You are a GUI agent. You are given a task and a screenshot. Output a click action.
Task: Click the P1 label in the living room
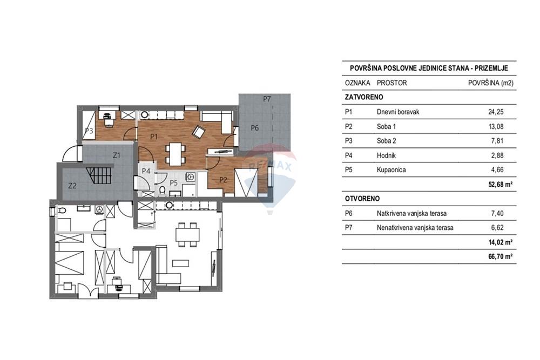pos(154,137)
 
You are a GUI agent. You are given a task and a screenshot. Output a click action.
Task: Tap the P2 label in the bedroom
pos(223,180)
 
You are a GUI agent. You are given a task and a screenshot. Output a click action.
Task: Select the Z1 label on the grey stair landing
pos(117,155)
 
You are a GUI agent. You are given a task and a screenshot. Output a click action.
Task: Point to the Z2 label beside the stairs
pos(72,186)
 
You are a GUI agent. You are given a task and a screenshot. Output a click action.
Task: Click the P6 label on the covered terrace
pos(254,128)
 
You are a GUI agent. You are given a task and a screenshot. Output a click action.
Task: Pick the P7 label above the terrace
pos(267,99)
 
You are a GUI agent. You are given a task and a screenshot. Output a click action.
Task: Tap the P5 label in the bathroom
pos(173,183)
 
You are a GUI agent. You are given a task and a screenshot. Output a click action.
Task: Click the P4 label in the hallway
pos(146,171)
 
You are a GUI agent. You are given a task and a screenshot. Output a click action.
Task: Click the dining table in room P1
pos(175,154)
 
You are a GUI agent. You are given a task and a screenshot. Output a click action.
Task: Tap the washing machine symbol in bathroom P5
pos(191,177)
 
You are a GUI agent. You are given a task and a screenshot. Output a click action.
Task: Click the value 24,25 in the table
pos(496,112)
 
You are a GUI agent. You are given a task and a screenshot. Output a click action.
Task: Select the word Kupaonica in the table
pos(391,169)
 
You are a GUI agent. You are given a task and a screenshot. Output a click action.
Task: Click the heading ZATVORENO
pos(364,97)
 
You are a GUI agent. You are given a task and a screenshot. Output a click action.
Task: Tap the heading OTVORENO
pos(362,199)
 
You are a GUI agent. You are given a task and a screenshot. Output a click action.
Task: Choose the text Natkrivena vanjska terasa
pos(411,213)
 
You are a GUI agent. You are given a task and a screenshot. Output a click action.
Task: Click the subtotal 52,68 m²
pos(501,184)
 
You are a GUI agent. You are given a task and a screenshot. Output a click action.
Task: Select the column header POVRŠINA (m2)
pos(491,83)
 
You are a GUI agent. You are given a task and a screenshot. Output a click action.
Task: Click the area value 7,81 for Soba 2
pos(497,141)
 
